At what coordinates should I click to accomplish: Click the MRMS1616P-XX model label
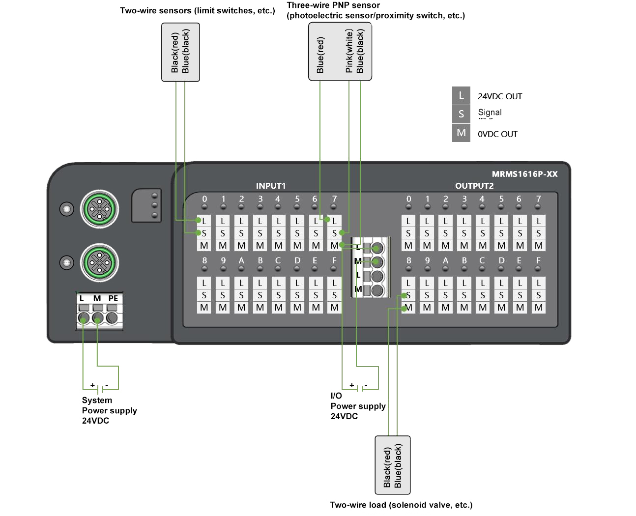point(524,174)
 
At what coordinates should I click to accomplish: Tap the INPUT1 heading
point(270,186)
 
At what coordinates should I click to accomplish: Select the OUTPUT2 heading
point(474,186)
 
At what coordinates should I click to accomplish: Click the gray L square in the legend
point(461,96)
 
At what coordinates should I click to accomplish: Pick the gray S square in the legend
point(461,114)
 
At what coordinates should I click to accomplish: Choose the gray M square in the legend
point(461,133)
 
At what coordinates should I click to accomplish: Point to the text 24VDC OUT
point(499,97)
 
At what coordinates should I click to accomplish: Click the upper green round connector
point(100,209)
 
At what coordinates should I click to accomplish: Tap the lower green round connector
point(100,263)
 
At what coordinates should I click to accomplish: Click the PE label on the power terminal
point(113,299)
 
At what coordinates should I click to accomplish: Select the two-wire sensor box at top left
point(180,52)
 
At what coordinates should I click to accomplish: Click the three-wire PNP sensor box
point(340,52)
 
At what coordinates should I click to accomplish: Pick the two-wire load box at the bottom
point(392,465)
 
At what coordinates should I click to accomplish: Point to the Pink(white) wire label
point(349,51)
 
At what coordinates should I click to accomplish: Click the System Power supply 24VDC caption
point(109,410)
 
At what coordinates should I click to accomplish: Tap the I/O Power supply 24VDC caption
point(358,406)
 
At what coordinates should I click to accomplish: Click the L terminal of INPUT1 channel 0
point(204,221)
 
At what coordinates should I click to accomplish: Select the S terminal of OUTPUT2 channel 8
point(408,295)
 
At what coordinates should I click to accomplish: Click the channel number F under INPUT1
point(334,260)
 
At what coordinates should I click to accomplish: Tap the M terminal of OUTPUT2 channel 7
point(539,245)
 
